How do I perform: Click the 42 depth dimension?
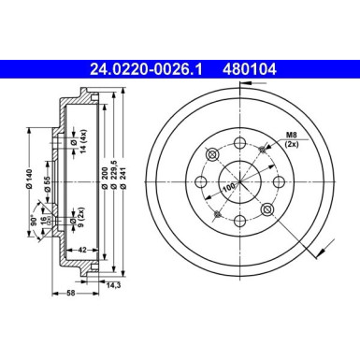[x=82, y=250]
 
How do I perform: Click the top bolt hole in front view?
[x=239, y=142]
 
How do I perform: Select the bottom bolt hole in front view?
[x=241, y=222]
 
